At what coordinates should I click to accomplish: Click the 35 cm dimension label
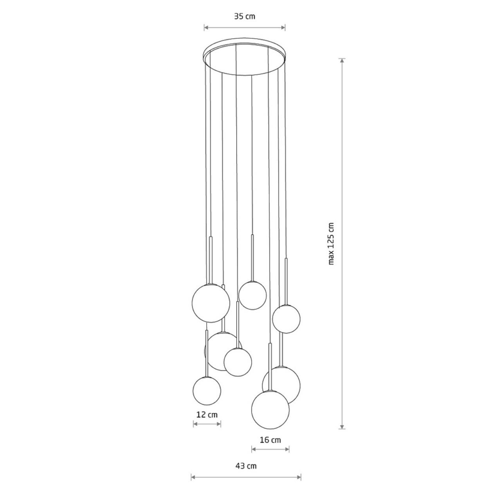(245, 17)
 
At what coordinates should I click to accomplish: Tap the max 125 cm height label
(331, 243)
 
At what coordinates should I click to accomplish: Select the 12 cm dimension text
(207, 414)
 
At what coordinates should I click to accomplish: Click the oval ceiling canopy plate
(244, 56)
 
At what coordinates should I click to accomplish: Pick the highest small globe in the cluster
(252, 296)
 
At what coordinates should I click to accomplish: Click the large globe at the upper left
(211, 303)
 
